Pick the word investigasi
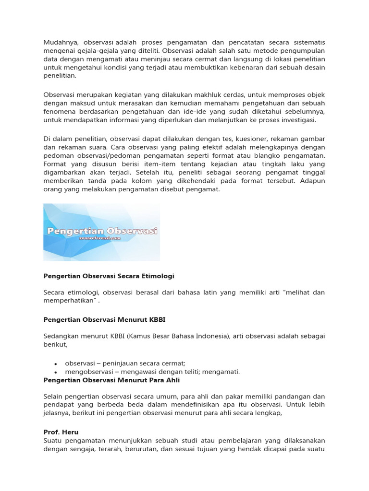click(x=298, y=119)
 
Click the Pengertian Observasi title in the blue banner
click(x=102, y=231)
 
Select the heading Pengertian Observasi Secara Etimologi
click(x=109, y=276)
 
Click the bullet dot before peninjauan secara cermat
click(x=56, y=363)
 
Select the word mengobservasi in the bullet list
click(x=87, y=372)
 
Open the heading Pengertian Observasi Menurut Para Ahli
click(x=111, y=380)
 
